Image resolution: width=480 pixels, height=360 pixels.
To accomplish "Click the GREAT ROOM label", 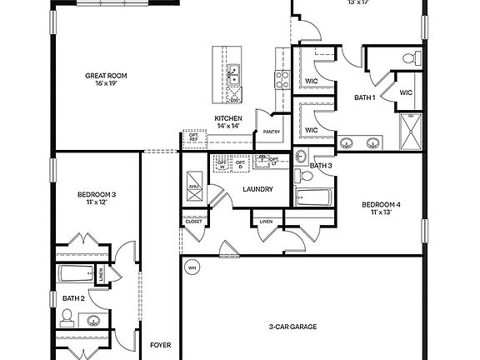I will [105, 76].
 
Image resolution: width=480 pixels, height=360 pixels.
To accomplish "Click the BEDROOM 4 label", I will [381, 204].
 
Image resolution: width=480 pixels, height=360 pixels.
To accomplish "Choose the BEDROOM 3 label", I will [96, 195].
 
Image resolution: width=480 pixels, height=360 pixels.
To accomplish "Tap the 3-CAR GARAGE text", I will [292, 327].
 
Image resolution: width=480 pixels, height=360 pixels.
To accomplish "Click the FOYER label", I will [160, 344].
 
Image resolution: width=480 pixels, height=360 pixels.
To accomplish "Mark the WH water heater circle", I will [192, 268].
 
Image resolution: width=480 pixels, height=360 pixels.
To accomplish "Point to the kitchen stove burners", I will [282, 79].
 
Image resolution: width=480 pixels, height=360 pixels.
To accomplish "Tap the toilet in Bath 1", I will [410, 58].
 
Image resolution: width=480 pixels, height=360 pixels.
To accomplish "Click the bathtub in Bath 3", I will [314, 197].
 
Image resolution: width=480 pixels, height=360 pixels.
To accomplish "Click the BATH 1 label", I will [365, 97].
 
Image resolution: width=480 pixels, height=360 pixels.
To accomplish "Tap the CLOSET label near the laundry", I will [193, 222].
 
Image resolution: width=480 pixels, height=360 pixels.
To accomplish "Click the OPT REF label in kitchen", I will [193, 137].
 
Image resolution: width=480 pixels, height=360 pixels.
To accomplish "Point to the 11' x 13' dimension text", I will [381, 212].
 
